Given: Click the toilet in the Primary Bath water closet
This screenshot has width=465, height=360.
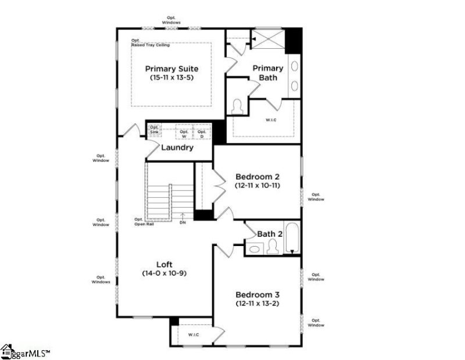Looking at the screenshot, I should [237, 108].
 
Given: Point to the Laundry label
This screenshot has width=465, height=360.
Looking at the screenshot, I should [177, 148].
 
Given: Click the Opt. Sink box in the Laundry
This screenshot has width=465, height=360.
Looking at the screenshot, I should [154, 130].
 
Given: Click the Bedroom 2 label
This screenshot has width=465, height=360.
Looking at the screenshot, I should [257, 176].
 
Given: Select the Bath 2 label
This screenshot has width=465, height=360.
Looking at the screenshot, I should [267, 234].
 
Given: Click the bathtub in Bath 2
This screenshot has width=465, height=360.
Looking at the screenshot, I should [291, 238].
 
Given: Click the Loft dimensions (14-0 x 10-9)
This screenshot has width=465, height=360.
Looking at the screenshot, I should [164, 273].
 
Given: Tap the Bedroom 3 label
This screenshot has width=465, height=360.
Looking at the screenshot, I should [257, 294].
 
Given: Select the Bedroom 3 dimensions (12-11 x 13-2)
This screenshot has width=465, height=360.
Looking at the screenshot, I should [257, 303].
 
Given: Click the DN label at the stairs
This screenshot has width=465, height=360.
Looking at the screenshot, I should [183, 222].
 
